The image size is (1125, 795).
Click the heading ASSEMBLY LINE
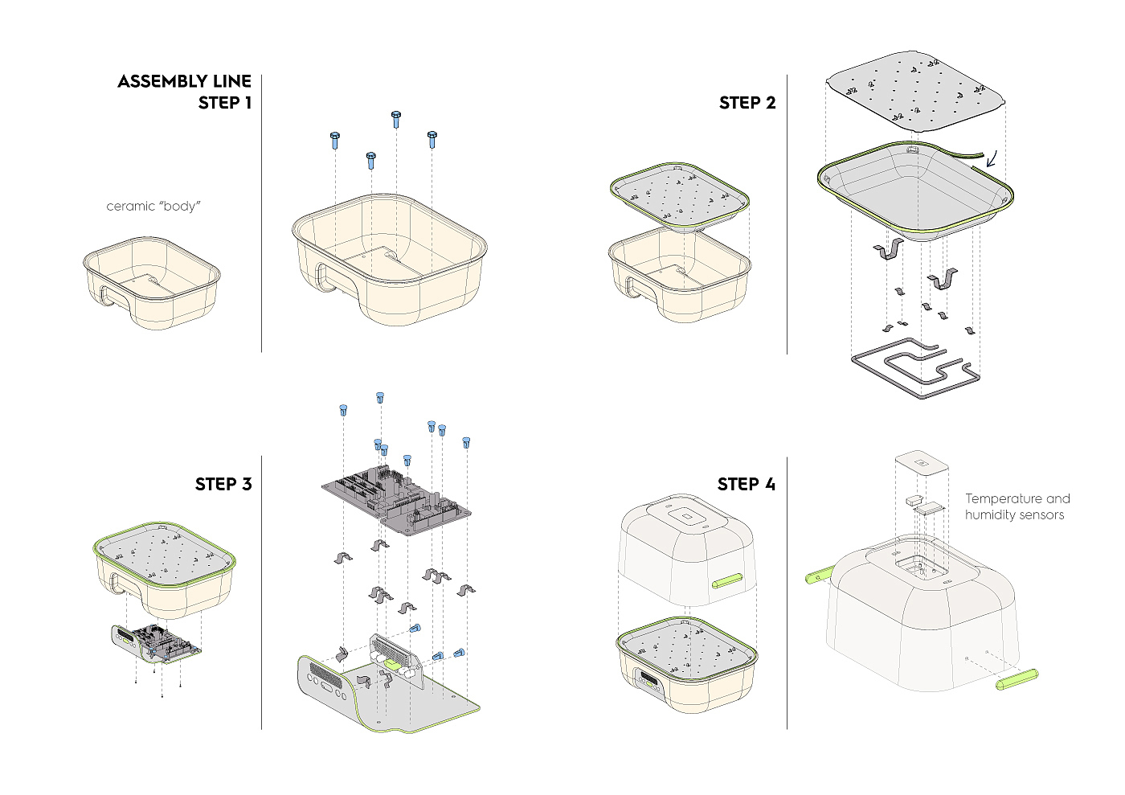[184, 81]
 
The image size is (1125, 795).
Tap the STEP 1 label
[224, 103]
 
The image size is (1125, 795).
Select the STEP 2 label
[747, 103]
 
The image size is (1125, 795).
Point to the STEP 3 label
[223, 484]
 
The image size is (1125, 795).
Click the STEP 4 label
[747, 484]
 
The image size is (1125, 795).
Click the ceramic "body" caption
[153, 206]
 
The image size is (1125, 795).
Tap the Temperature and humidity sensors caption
[1017, 506]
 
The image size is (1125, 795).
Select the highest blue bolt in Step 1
[395, 119]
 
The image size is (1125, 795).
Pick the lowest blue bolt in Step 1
[370, 160]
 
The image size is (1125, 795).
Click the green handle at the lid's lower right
[1017, 679]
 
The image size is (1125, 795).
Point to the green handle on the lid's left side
[820, 573]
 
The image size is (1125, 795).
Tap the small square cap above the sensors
[922, 462]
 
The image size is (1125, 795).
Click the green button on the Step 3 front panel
[393, 664]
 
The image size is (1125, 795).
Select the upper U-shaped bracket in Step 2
[889, 248]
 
